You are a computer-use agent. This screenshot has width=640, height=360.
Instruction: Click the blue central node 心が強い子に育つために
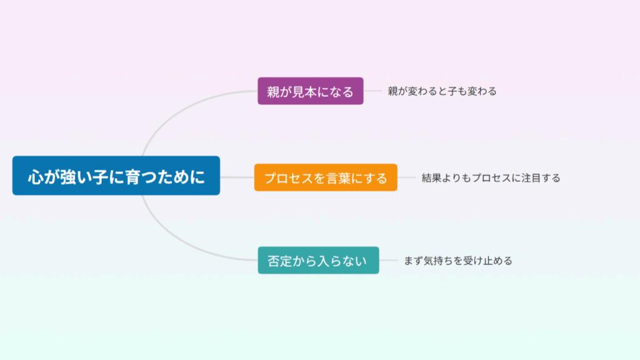(x=116, y=176)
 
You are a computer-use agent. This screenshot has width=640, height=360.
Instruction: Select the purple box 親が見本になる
(x=310, y=91)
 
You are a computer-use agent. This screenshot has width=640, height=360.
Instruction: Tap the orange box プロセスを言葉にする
(x=326, y=177)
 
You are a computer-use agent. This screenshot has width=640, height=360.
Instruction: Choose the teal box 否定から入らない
(x=318, y=261)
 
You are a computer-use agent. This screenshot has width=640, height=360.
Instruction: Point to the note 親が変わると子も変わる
(x=442, y=91)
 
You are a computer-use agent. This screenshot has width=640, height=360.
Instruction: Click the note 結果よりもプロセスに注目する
(x=491, y=178)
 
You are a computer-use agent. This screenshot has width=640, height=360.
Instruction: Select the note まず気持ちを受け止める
(x=458, y=261)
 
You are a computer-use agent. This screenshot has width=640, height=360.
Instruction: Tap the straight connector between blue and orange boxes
(x=237, y=177)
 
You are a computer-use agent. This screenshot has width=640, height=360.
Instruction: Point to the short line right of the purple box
(x=372, y=91)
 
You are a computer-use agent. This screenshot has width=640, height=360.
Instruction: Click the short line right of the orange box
(x=406, y=177)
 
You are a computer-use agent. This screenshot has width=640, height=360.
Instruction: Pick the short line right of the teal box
(x=388, y=260)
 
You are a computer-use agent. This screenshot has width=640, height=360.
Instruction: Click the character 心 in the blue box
(x=36, y=177)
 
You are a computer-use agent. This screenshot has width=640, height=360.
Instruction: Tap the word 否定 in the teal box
(x=279, y=261)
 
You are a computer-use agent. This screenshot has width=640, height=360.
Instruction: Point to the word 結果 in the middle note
(x=431, y=178)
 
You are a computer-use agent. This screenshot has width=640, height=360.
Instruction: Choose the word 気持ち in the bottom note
(x=438, y=261)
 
